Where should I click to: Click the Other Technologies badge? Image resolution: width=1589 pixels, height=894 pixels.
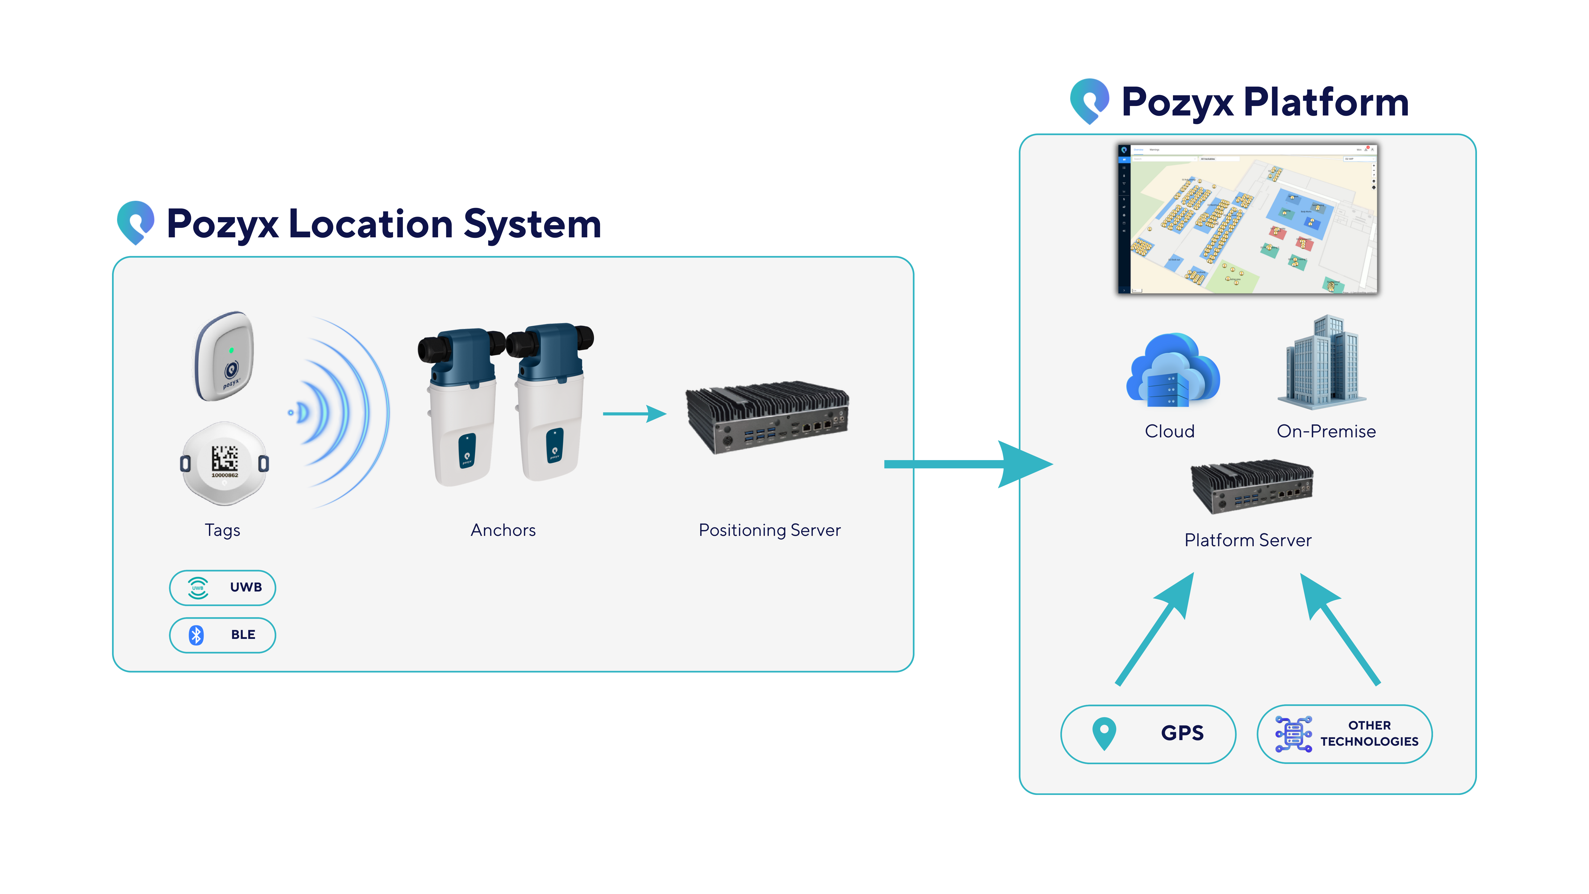coord(1344,733)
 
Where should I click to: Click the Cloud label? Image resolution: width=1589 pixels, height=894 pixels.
coord(1170,431)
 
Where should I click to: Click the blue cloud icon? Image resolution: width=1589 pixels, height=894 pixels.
coord(1172,370)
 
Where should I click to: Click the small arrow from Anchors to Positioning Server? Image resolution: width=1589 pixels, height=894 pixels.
coord(633,413)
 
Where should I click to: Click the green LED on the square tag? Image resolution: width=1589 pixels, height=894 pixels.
coord(231,350)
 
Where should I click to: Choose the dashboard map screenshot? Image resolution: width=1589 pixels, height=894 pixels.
coord(1247,219)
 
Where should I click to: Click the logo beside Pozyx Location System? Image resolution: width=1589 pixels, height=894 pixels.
coord(136,222)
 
